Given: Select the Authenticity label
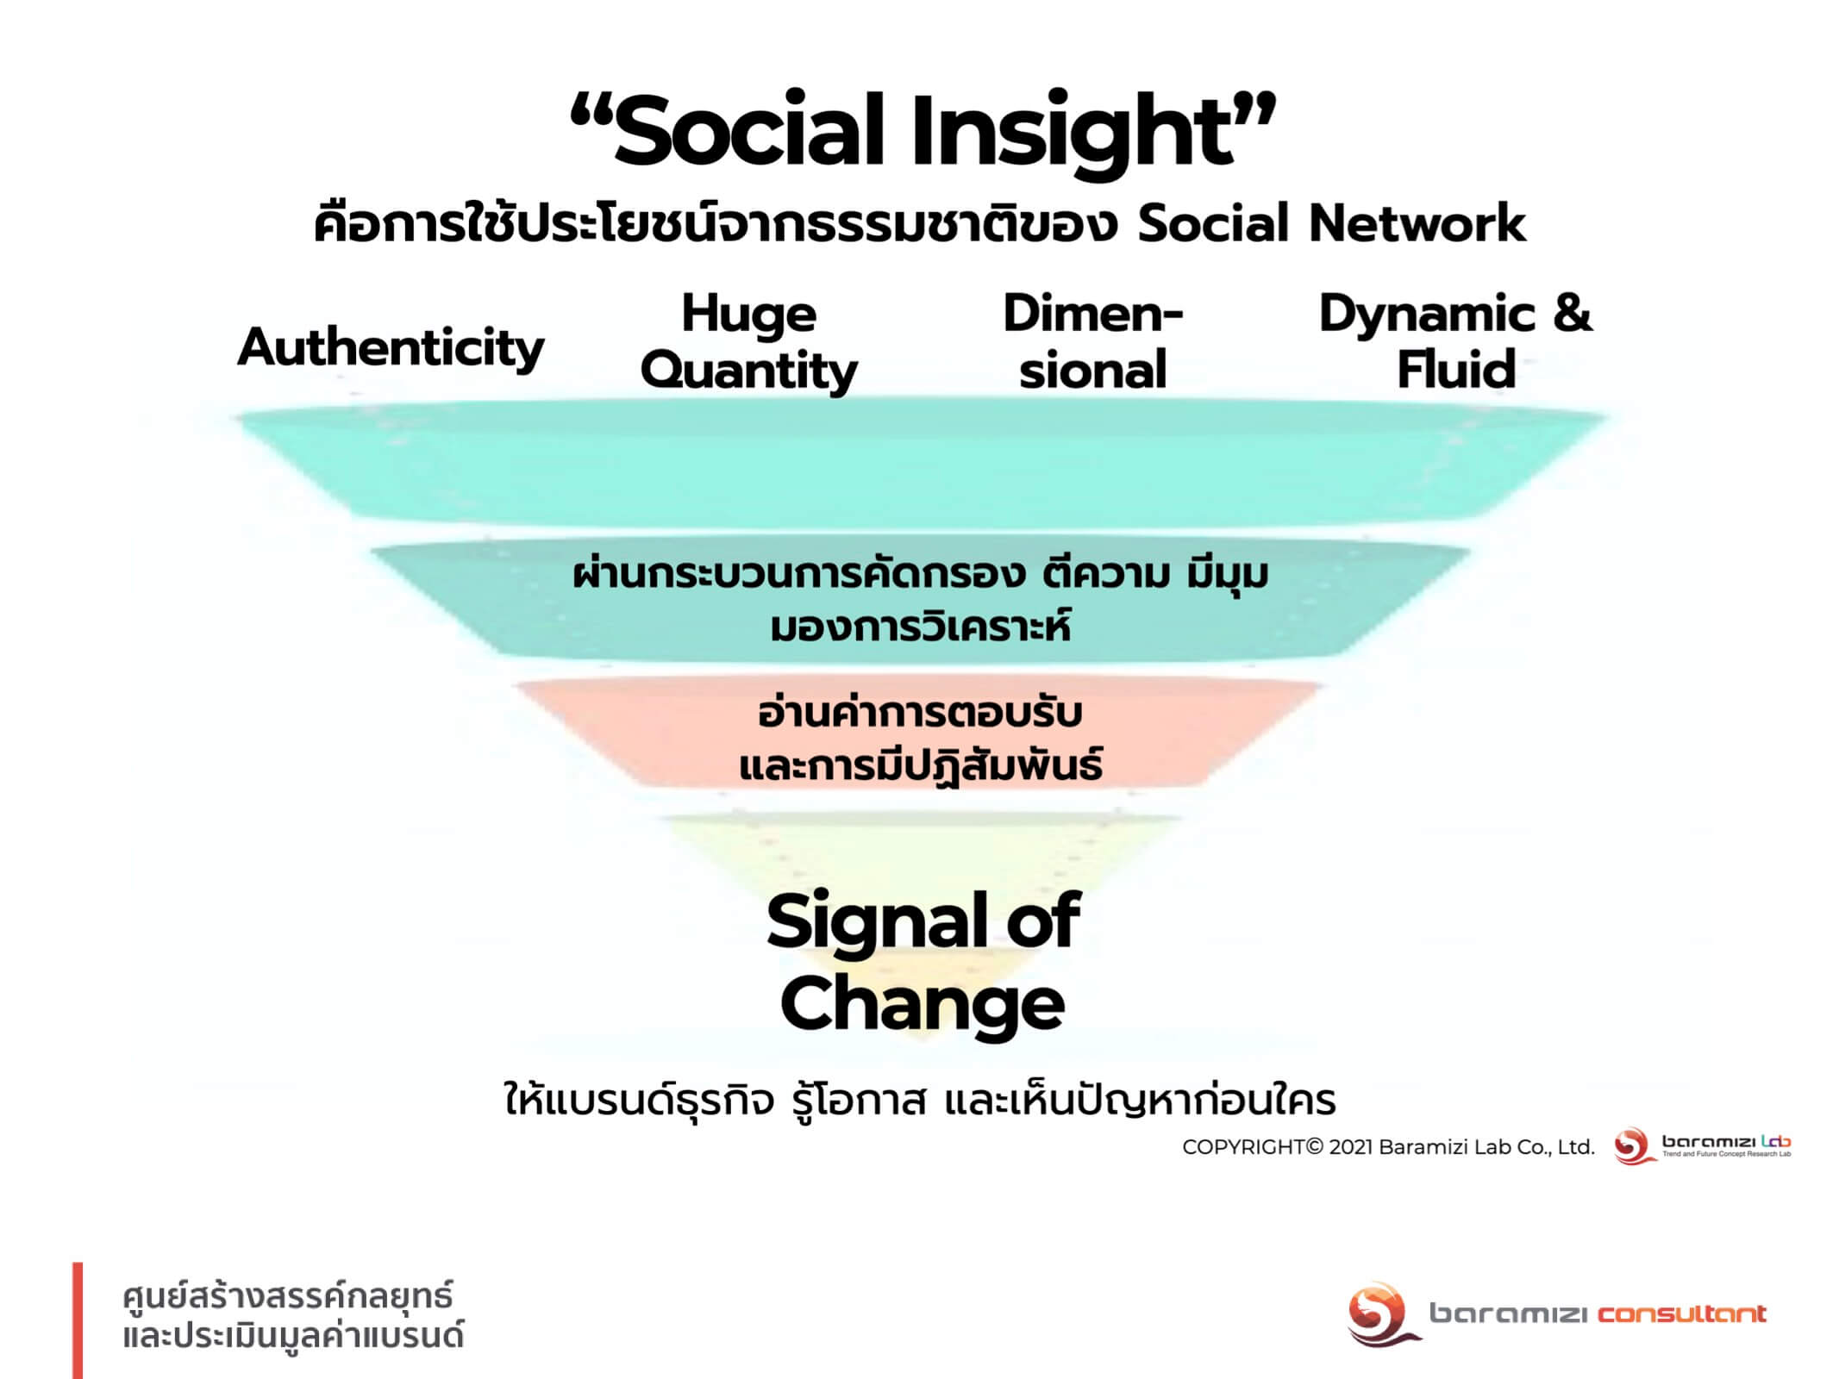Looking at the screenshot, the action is [x=391, y=348].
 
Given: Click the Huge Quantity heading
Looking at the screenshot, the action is [x=748, y=342].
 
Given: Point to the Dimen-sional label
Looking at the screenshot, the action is [x=1092, y=341].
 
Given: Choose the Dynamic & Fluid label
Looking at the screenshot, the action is [x=1455, y=341].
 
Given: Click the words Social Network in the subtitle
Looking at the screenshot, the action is [x=1331, y=224].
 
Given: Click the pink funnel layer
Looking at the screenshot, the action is [x=919, y=734].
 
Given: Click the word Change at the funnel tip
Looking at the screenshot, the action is [x=923, y=1006].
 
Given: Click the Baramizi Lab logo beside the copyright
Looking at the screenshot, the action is [x=1702, y=1146].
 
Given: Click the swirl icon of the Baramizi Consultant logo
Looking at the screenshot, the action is [x=1381, y=1313].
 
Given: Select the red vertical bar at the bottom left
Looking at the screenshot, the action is [x=78, y=1320].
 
